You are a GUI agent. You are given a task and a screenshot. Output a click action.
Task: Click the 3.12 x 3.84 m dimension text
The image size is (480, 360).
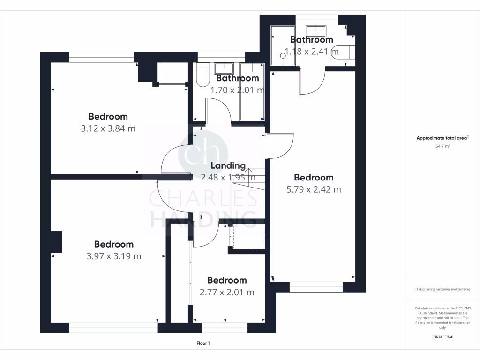coord(108,128)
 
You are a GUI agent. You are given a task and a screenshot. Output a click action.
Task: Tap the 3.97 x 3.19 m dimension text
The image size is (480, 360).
coord(113,256)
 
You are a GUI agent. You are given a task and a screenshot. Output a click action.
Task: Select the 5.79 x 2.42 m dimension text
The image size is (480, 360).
coord(314,190)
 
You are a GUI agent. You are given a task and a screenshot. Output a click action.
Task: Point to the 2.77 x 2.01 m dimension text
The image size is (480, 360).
coord(227,292)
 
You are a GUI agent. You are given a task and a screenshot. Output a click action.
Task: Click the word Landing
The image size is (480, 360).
coord(228,165)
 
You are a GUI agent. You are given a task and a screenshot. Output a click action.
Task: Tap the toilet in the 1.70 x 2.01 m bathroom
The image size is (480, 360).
coord(202,76)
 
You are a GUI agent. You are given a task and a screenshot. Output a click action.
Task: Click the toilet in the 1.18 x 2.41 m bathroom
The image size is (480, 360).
coord(345,51)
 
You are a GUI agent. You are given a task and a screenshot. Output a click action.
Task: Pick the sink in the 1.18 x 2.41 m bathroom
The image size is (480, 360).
coord(320,31)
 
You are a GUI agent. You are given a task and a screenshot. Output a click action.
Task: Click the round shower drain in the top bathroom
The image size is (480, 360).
coord(283,56)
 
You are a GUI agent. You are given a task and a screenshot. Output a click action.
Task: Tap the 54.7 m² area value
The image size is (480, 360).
coord(442,146)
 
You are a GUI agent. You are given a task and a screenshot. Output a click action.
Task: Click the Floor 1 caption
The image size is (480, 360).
coord(203,343)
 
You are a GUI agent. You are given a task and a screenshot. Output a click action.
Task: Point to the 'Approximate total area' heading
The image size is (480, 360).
coord(442,138)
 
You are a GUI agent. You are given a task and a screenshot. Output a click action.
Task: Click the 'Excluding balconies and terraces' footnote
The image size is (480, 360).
coord(442,289)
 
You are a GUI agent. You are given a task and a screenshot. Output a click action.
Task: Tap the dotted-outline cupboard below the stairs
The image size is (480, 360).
coord(248,236)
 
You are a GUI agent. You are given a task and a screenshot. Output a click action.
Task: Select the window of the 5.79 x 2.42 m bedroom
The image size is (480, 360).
coord(316,284)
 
